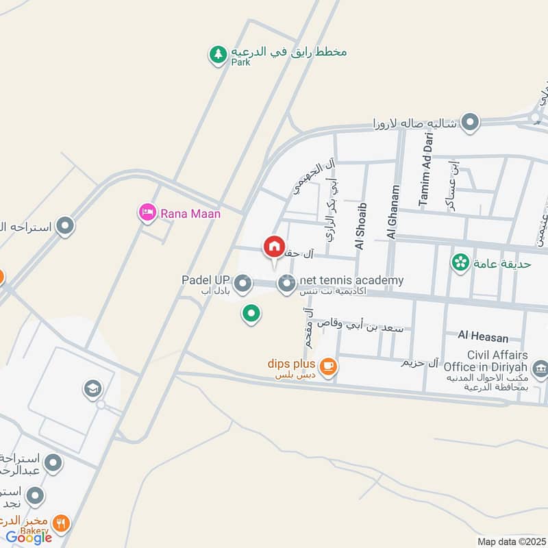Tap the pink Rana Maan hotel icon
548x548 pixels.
coord(147,214)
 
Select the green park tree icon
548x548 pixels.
coord(218,54)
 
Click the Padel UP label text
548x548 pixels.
coord(206,280)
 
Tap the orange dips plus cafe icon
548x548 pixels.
coord(329,366)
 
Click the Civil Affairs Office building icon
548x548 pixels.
coord(540,370)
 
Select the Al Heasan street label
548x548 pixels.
coord(484,338)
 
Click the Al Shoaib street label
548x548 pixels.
coord(361,225)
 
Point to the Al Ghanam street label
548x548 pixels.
coord(393,212)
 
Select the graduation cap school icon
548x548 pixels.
coord(92,390)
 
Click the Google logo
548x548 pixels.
coord(29,538)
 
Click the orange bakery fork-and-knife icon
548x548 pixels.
coord(62,523)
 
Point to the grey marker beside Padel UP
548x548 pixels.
coord(242,282)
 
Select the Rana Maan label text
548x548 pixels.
coord(190,214)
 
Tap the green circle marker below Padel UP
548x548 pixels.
coord(251,314)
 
